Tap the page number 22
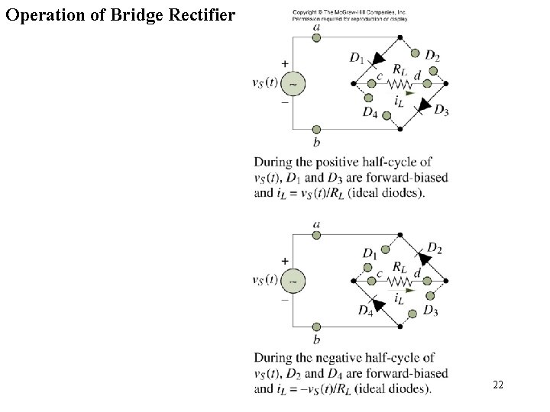[498, 386]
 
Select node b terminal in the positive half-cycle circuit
[316, 130]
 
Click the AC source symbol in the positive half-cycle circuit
[294, 83]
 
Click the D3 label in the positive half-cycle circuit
[442, 110]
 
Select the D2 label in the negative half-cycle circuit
[434, 247]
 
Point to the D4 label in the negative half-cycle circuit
[365, 310]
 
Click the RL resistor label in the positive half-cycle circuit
[400, 69]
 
